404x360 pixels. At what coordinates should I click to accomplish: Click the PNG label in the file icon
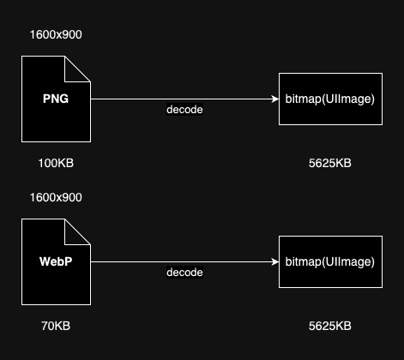(x=56, y=99)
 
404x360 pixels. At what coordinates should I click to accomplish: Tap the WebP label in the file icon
(x=56, y=261)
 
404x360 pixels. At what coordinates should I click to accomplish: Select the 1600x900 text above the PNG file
(x=56, y=34)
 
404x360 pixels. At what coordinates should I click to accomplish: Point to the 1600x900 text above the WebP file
(x=56, y=197)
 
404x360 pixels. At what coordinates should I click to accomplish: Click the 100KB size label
(x=56, y=163)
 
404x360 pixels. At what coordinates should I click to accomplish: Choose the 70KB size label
(x=56, y=326)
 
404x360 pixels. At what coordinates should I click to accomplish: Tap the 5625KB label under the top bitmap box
(x=330, y=163)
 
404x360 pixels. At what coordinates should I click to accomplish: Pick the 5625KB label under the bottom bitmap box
(x=330, y=326)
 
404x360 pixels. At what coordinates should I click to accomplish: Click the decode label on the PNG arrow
(x=184, y=110)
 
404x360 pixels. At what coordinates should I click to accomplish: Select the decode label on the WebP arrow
(x=184, y=273)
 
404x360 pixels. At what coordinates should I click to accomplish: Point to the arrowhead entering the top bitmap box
(x=275, y=99)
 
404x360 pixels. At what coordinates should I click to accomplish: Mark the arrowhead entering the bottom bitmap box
(x=275, y=261)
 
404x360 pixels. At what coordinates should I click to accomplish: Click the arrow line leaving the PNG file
(x=184, y=99)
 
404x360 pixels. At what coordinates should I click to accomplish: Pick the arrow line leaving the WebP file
(x=184, y=261)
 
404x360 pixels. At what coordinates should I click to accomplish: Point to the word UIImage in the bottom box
(x=348, y=261)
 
